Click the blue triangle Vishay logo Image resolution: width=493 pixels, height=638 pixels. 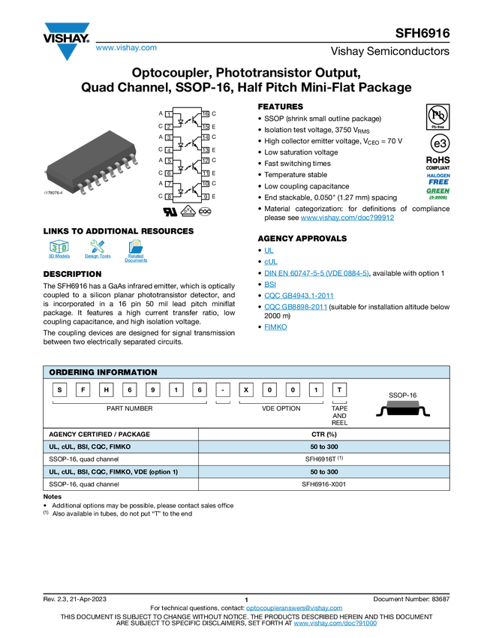click(67, 52)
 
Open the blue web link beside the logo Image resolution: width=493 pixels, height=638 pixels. click(126, 48)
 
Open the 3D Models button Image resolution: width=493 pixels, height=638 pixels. click(59, 251)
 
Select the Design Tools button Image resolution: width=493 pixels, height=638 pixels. click(98, 251)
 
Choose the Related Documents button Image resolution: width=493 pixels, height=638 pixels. click(136, 251)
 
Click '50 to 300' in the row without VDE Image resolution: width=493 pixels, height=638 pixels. click(324, 447)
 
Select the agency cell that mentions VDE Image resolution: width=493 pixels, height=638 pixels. click(120, 472)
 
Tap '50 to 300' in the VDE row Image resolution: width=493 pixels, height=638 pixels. click(324, 472)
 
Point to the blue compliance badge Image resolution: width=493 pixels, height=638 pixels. click(438, 178)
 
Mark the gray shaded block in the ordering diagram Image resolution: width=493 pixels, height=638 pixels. click(403, 402)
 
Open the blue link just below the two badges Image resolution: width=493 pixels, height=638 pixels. click(347, 218)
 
